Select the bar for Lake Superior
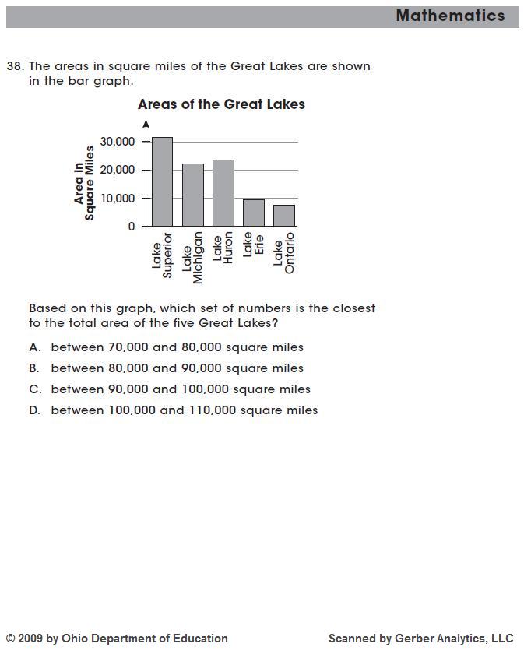162,181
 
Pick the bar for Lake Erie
254,213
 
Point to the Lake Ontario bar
284,215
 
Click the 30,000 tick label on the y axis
117,142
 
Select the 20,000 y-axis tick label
117,170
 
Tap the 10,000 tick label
117,198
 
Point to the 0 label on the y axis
132,227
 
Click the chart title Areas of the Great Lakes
221,104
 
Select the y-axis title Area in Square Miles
84,183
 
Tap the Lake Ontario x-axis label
284,252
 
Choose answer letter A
34,347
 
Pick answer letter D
34,410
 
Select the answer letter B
34,368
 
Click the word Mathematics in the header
450,16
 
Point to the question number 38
15,66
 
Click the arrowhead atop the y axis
146,123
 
